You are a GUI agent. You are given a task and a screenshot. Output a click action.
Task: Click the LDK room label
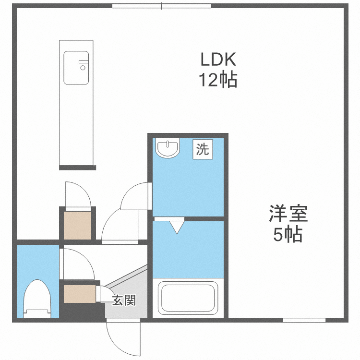218,60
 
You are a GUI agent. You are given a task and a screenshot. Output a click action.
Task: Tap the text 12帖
218,80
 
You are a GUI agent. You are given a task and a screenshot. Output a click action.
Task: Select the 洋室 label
288,213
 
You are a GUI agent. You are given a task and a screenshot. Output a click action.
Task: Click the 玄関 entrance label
124,301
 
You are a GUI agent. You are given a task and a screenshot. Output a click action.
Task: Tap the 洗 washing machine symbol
203,149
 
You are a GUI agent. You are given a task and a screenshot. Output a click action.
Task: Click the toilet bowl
37,298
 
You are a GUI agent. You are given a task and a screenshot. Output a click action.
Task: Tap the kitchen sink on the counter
77,67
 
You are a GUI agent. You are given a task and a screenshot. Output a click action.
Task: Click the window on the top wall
162,6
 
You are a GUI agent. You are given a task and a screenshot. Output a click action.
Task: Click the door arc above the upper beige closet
77,194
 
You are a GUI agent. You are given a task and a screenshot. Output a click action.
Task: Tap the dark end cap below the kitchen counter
77,168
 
